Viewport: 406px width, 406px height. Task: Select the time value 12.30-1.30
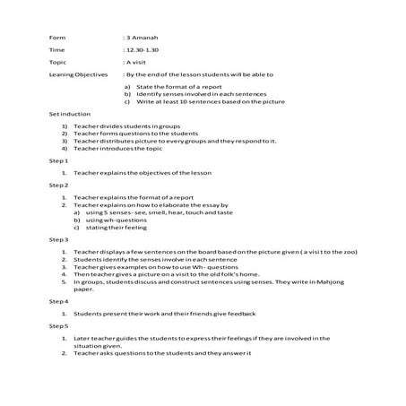tap(144, 51)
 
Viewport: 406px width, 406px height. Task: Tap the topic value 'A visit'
tap(137, 64)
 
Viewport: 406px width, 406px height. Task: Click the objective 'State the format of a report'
tap(175, 86)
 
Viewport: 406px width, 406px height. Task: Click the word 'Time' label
tap(56, 51)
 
